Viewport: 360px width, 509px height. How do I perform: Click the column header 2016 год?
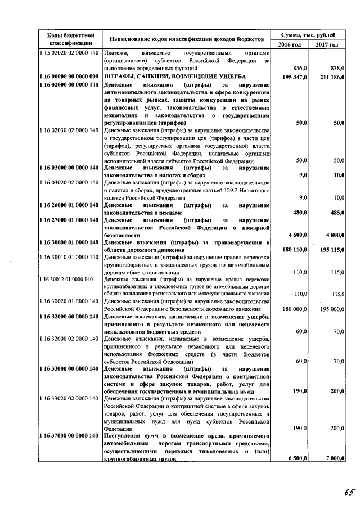(290, 44)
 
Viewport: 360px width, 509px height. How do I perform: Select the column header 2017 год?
(327, 44)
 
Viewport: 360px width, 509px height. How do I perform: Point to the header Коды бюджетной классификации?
(70, 39)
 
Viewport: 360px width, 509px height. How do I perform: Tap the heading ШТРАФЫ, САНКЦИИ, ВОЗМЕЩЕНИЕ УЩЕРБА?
(175, 76)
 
